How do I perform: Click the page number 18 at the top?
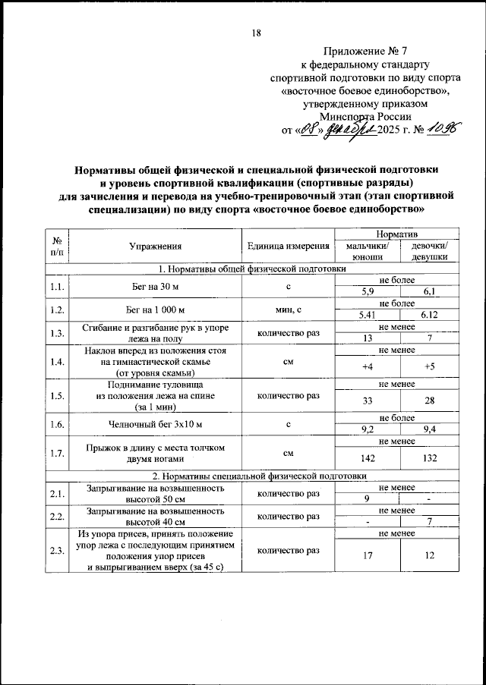click(256, 32)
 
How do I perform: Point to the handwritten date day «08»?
click(307, 130)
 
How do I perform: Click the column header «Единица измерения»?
click(288, 246)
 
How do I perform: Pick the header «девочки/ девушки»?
click(430, 251)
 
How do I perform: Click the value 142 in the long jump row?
click(368, 459)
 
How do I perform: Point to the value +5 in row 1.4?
click(430, 367)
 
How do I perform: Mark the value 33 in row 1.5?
click(368, 400)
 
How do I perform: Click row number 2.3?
click(55, 550)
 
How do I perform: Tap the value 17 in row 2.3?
click(368, 556)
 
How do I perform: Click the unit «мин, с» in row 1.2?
click(288, 309)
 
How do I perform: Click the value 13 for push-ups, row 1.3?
click(368, 337)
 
